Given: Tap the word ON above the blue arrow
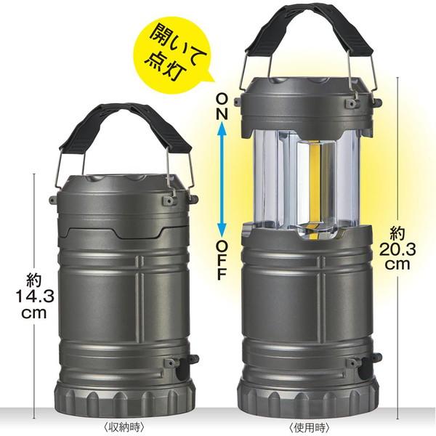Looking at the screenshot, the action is click(222, 107).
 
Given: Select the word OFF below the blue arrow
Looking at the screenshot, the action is click(222, 259).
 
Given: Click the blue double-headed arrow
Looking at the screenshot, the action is click(222, 180).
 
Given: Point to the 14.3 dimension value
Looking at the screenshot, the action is click(34, 296).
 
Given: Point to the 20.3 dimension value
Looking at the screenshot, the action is click(397, 250).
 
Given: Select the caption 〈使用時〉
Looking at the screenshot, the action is click(310, 426).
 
